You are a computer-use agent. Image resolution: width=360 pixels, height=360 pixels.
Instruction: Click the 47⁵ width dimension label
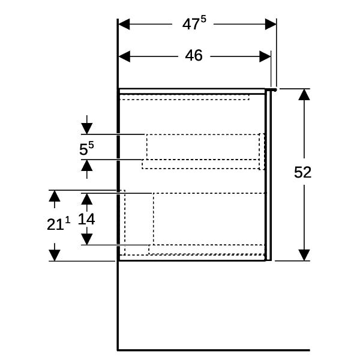point(194,23)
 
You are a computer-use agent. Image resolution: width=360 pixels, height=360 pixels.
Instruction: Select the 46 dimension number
point(194,56)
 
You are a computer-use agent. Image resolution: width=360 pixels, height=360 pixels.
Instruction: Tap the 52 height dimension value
point(302,172)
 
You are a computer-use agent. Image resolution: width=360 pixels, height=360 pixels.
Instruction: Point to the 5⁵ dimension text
point(86,148)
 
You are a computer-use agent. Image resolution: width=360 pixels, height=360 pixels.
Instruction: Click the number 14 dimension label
point(86,219)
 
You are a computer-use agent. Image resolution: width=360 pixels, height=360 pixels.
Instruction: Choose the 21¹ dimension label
point(58,223)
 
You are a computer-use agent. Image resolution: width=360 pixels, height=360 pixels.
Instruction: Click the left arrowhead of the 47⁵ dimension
point(124,24)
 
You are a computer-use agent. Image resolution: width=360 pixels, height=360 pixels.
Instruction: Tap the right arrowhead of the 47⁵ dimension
point(271,24)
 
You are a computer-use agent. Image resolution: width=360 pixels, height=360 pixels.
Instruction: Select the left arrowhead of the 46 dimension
point(124,56)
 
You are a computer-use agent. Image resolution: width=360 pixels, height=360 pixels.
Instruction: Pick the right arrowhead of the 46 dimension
point(265,56)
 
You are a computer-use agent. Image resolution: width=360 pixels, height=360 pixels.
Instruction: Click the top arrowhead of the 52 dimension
point(304,94)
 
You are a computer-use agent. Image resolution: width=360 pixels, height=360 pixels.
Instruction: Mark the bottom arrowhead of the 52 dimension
point(304,255)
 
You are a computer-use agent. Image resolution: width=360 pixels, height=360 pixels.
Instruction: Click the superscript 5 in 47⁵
point(203,19)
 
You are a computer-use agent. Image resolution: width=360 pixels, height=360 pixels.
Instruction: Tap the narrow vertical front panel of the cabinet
point(268,175)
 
